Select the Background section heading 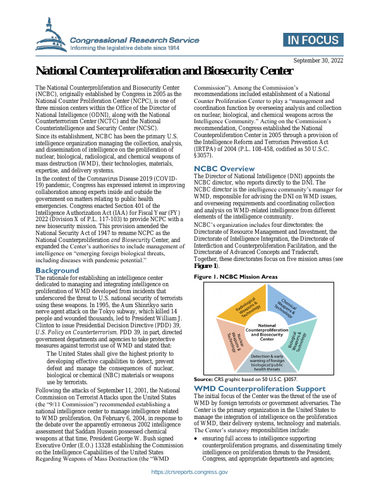click(x=57, y=270)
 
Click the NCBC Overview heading click(x=224, y=169)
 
